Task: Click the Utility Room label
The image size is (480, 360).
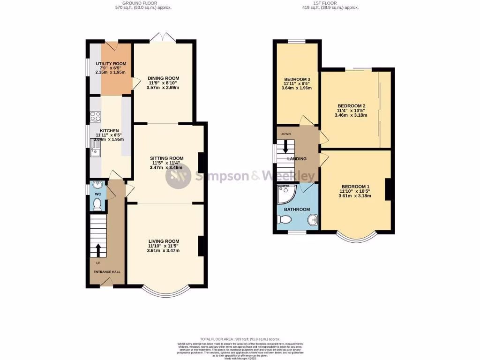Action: (111, 64)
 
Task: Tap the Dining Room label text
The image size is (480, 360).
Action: (163, 78)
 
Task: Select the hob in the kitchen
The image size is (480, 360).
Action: (95, 115)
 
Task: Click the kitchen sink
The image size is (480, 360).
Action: (95, 151)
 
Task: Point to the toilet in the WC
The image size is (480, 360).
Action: (97, 204)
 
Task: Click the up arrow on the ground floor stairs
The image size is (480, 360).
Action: (98, 250)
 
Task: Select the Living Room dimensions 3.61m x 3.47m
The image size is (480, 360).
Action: (163, 251)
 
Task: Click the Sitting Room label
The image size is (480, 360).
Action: (166, 158)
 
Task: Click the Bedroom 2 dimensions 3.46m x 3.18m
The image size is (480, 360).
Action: (351, 115)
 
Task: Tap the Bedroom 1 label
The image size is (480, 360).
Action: (355, 186)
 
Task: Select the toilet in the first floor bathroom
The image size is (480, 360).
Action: (284, 219)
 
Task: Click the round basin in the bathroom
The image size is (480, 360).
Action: (313, 219)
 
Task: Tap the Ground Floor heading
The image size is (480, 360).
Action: (143, 3)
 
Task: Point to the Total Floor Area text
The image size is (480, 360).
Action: (240, 339)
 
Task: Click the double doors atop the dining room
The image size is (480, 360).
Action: (163, 37)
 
